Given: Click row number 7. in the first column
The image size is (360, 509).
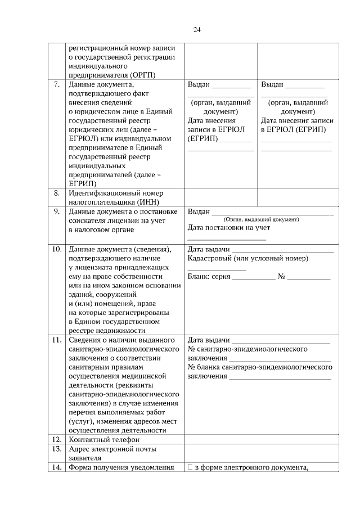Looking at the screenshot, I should (57, 84).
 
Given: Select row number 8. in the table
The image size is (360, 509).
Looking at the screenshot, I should (57, 193).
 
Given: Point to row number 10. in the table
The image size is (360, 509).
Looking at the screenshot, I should (56, 249).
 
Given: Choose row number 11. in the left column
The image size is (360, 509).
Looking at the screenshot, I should (56, 340).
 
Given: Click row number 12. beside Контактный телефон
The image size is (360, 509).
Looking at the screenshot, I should (56, 439).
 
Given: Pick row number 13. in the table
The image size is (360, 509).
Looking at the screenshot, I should (56, 449).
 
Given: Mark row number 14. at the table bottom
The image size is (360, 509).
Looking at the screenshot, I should (56, 467).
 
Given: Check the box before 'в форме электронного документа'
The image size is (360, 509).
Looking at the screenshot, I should (190, 467).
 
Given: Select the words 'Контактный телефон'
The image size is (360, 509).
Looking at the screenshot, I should (103, 439).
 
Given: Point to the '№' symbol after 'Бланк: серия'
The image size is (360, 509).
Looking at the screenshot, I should (282, 277).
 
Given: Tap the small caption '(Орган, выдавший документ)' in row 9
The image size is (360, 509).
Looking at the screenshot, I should (261, 219).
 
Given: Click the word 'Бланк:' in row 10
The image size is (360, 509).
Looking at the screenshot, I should (199, 277).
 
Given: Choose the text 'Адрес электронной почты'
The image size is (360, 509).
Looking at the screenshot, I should (112, 449).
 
